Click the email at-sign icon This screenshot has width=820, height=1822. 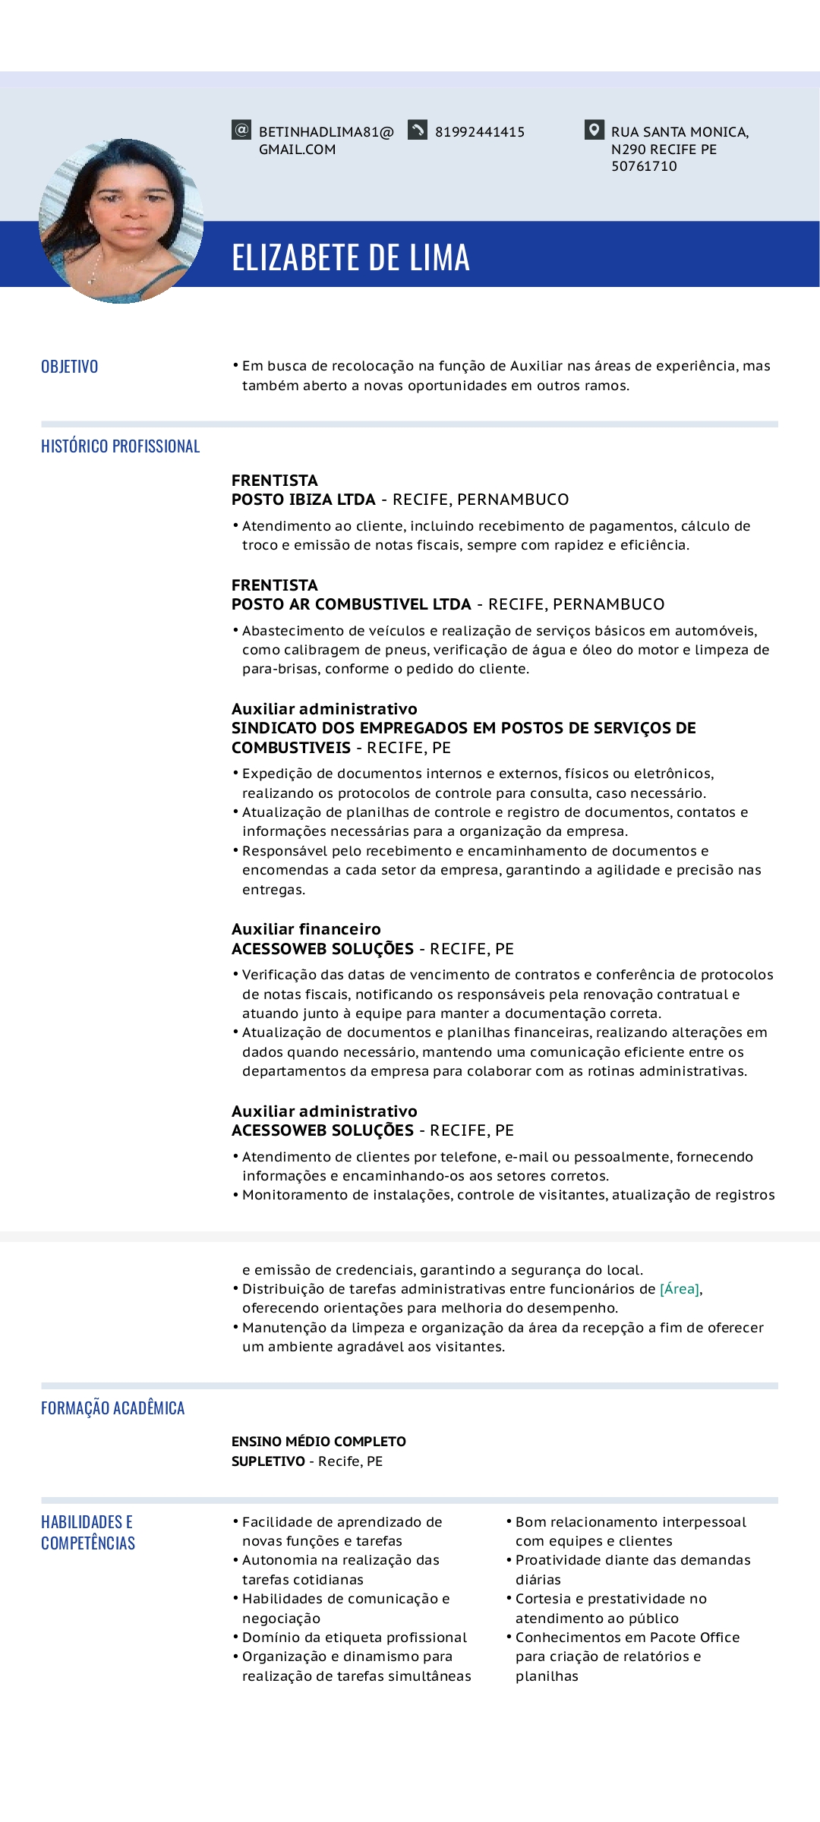[241, 130]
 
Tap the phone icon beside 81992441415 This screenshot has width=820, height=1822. [418, 130]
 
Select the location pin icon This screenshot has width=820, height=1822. [594, 130]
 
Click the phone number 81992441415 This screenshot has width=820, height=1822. [479, 132]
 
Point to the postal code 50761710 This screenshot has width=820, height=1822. [644, 166]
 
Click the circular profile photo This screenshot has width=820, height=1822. [121, 221]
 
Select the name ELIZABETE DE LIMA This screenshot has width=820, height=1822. [350, 257]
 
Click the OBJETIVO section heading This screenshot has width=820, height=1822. [70, 367]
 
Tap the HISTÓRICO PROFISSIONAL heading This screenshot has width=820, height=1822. [120, 446]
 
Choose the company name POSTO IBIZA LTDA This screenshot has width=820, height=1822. [304, 500]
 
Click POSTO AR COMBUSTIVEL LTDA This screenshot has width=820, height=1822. [352, 604]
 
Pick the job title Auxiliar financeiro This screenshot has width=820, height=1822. [306, 929]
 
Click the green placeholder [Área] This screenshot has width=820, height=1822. [680, 1289]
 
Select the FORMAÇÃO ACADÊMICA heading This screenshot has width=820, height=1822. [112, 1408]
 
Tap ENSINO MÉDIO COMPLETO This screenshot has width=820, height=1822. [319, 1442]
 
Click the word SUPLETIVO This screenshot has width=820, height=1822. [268, 1461]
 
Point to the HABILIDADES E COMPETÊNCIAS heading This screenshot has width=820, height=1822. [88, 1533]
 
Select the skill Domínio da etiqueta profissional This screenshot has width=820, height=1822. [354, 1638]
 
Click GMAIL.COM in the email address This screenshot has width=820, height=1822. [297, 150]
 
